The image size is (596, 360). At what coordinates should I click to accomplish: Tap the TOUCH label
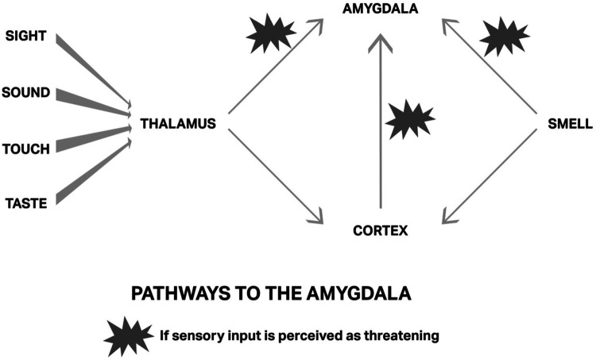coord(26,149)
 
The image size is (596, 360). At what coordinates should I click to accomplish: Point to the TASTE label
coord(25,203)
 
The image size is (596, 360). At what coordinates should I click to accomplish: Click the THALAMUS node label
coord(177,124)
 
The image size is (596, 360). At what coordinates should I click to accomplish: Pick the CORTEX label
coord(379,231)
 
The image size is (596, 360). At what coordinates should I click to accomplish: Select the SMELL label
coord(570,124)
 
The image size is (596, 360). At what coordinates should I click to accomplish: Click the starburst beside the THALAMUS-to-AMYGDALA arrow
coord(270,33)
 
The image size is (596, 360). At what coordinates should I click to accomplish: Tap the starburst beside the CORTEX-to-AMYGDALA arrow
coord(409,122)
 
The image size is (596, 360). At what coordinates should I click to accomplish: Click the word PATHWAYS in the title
coord(168,294)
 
